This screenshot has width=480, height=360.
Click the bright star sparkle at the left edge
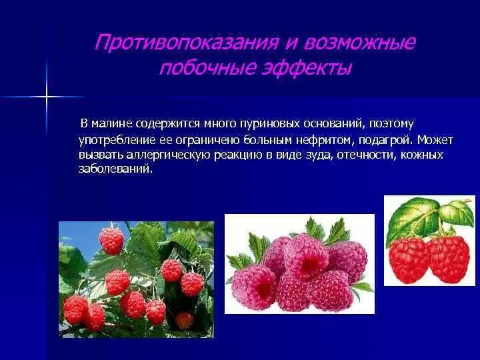(47, 97)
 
